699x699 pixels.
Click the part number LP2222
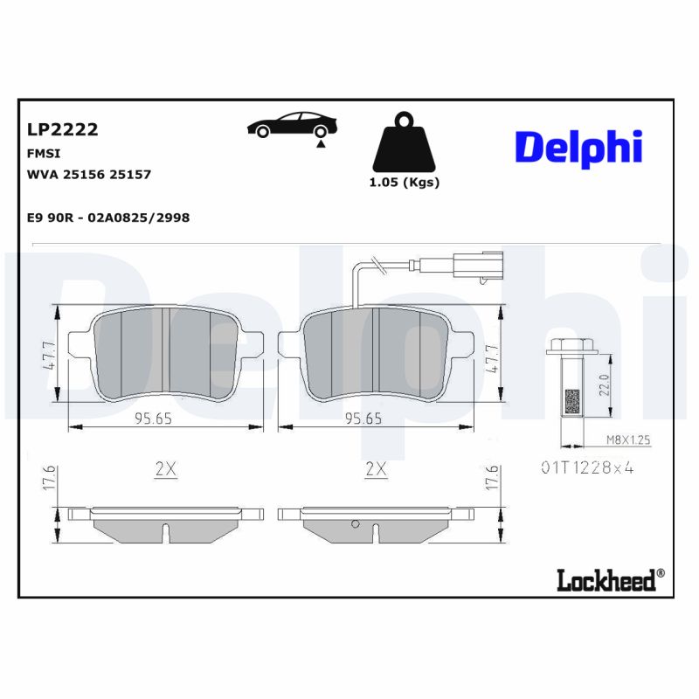click(62, 130)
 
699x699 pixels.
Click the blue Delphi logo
click(578, 148)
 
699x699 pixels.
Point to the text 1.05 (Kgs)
click(404, 183)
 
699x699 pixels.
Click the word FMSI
click(44, 153)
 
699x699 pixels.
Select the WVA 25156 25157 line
click(89, 174)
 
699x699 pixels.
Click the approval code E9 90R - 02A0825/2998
click(108, 217)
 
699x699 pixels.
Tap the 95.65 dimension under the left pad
click(153, 419)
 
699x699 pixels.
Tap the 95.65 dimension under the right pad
click(363, 419)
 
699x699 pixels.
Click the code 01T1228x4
click(585, 468)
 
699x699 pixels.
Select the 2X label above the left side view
click(166, 469)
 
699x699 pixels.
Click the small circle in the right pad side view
click(355, 524)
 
